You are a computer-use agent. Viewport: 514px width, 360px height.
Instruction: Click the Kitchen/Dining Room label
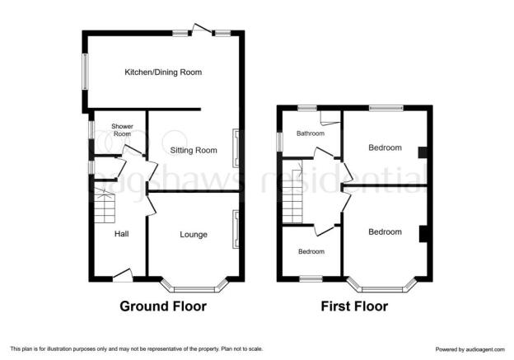tap(163, 72)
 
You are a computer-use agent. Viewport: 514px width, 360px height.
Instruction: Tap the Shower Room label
tap(122, 130)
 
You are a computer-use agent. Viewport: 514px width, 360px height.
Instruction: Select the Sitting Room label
tap(194, 151)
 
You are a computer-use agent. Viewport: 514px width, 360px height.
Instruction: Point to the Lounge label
tap(194, 235)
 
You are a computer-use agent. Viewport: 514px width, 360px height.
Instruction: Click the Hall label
tap(121, 234)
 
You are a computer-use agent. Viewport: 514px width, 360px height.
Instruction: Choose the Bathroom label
tap(311, 133)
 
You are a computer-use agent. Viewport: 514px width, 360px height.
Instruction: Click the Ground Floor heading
tap(163, 306)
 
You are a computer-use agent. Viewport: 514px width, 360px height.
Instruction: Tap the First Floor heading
tap(354, 306)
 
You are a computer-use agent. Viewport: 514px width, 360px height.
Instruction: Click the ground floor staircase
tap(105, 205)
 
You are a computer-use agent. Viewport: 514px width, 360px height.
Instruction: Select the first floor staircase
tap(292, 197)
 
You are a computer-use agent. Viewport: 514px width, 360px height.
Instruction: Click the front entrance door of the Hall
tap(123, 276)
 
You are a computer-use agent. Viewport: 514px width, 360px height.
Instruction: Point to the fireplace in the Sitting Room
tap(236, 147)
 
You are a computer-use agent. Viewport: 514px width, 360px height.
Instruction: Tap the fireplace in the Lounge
tap(236, 229)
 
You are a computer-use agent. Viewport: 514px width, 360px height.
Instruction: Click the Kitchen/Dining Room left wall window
tap(85, 71)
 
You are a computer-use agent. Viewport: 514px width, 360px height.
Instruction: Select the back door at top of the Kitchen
tap(201, 30)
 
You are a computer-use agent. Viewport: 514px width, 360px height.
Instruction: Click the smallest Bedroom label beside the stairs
tap(311, 251)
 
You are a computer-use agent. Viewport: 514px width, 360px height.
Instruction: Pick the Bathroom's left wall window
tap(279, 142)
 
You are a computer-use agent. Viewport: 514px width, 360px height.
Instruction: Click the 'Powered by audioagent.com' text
tap(470, 349)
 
